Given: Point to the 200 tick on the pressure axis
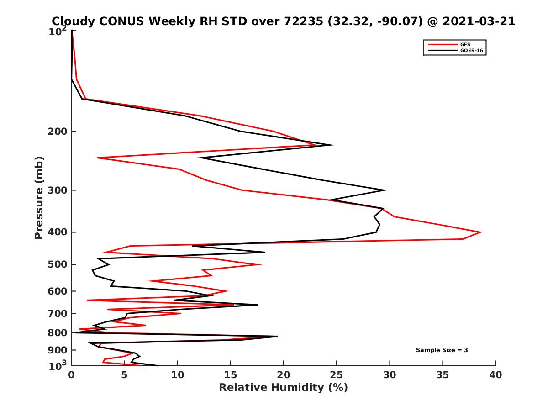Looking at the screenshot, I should pos(57,132).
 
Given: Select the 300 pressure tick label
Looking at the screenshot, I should pos(57,190).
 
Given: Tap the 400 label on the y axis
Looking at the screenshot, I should pos(57,232).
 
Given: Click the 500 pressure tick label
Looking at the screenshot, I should pos(57,264).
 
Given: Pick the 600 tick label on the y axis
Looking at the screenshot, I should pos(57,291).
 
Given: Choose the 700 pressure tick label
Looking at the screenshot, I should pos(57,313).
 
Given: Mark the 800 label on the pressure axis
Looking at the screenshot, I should pos(57,332).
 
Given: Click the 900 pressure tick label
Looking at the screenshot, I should pos(57,350).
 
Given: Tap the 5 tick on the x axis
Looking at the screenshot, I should pos(125,375).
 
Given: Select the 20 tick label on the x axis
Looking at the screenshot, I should pos(284,375).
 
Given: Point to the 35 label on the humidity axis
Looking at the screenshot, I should pos(443,375).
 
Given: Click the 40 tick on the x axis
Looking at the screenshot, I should pos(495,375).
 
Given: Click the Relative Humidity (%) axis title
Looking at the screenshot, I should pos(283,388).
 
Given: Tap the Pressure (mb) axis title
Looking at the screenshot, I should pos(39,197).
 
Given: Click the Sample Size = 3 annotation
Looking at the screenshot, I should pos(442,350).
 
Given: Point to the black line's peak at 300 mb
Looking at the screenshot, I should pos(386,190).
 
